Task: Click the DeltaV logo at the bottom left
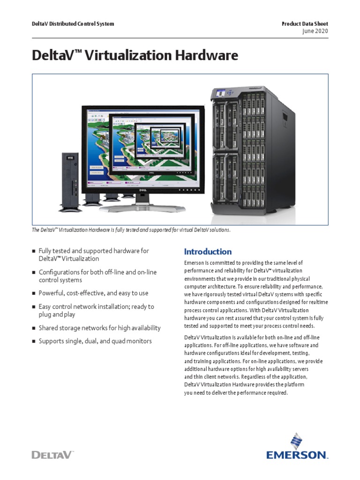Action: [x=53, y=455]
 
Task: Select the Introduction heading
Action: [x=208, y=252]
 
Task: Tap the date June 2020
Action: [x=316, y=31]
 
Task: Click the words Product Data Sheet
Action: [x=304, y=23]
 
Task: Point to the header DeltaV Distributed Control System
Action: [x=73, y=23]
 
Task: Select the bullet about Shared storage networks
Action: [x=99, y=328]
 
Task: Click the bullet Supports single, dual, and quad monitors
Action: [x=95, y=341]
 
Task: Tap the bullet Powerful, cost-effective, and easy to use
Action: [x=93, y=293]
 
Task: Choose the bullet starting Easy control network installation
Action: [x=96, y=310]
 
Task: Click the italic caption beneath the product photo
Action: [x=131, y=230]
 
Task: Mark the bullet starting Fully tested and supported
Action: [x=93, y=255]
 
